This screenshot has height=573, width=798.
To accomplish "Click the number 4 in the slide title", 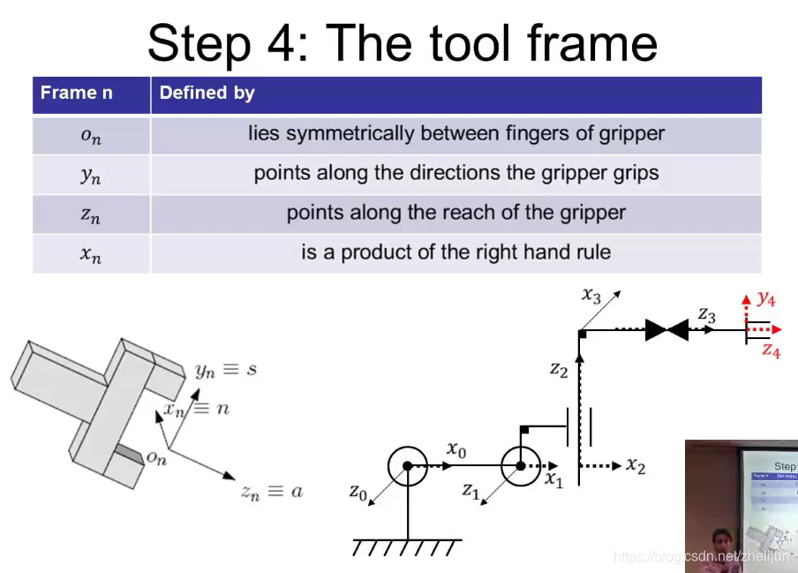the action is (280, 44).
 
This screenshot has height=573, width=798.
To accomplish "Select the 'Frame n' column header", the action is (76, 93).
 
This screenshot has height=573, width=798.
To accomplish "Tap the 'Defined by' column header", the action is (207, 93).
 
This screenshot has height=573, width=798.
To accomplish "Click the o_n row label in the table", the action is (91, 136).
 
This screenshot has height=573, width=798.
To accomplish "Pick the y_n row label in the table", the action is (91, 176).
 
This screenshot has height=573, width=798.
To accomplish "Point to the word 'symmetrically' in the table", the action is (350, 134).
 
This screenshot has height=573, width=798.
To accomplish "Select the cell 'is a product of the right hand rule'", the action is (456, 253).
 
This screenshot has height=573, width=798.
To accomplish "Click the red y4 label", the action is (766, 298).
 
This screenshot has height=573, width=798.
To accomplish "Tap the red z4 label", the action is (771, 351).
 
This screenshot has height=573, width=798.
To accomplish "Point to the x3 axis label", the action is (591, 296).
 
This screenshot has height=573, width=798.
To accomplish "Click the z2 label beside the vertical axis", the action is (559, 370).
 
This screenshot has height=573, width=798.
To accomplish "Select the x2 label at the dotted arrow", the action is (636, 465).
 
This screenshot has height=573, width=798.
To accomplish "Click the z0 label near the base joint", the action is (358, 492).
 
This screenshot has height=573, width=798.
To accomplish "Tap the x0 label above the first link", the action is (456, 450).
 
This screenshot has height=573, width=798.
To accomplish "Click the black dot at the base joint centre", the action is (407, 465).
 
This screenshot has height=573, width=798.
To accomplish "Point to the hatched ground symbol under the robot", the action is (407, 547).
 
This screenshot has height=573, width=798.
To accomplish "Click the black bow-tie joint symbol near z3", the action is (666, 329).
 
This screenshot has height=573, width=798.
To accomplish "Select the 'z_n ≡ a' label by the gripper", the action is (272, 492).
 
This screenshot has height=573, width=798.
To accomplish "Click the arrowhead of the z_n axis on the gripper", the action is (229, 476).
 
